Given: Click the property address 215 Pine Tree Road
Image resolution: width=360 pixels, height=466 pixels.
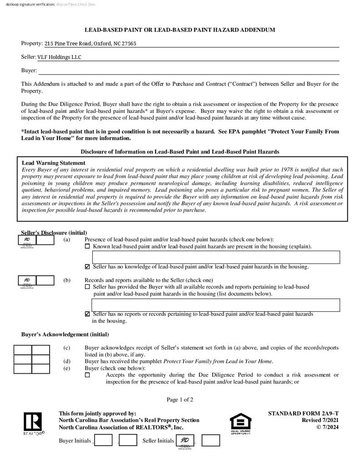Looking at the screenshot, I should (x=90, y=44).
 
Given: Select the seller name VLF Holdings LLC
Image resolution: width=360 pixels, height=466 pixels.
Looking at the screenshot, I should (x=59, y=57).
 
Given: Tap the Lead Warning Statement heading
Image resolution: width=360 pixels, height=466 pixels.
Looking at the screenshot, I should (x=54, y=163).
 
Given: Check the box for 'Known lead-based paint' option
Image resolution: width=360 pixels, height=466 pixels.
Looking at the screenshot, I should (x=87, y=247).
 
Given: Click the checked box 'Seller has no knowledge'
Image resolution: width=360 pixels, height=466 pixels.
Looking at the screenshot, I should (x=87, y=267).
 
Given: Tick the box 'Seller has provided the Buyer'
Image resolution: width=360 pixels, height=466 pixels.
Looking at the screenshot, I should (x=87, y=287).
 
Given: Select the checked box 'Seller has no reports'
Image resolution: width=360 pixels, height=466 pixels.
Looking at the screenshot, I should (x=87, y=314).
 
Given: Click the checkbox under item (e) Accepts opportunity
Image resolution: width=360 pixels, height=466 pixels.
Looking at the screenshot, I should (x=87, y=375).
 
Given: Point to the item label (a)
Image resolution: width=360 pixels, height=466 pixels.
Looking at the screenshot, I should (x=67, y=240).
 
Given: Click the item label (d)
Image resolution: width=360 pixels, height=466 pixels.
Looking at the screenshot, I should (x=67, y=361).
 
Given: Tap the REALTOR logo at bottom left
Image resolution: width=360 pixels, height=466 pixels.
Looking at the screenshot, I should (x=33, y=423).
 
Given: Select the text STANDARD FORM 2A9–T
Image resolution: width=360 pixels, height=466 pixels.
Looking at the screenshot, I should (x=303, y=414).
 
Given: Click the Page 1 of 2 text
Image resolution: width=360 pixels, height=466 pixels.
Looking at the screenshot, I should (x=180, y=400).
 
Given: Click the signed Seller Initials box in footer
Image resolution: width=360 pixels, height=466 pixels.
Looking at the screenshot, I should (x=185, y=441).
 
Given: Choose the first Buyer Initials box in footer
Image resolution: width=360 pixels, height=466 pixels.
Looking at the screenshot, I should (x=104, y=441).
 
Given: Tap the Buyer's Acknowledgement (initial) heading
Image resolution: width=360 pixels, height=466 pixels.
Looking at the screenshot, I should (x=65, y=334).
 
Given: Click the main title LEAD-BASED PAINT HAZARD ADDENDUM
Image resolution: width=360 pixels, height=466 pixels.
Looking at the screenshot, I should (x=180, y=30).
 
